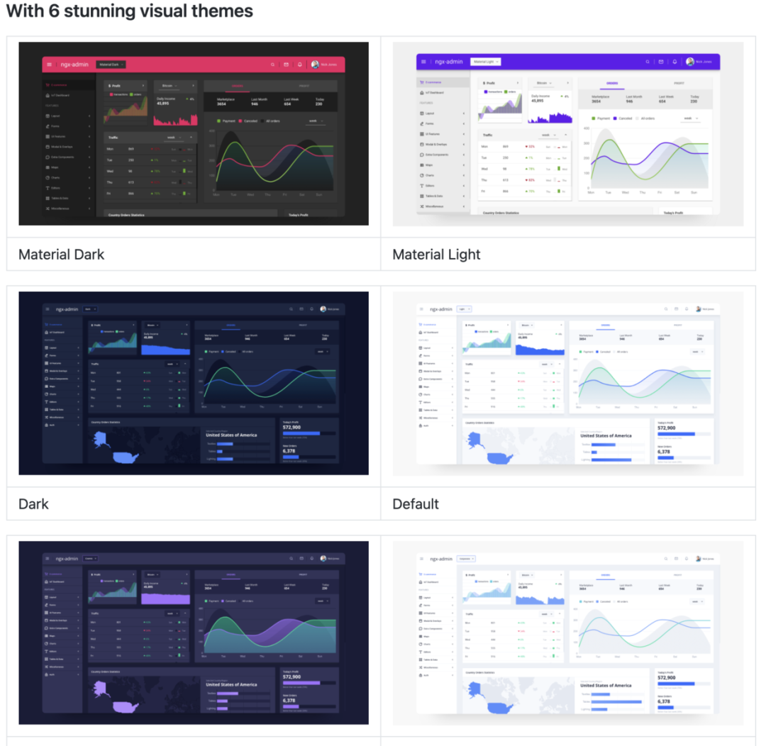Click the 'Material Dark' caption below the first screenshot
click(62, 255)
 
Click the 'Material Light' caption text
click(436, 255)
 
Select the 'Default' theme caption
click(416, 504)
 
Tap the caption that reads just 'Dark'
click(33, 504)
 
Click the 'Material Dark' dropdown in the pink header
click(111, 65)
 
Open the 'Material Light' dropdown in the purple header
click(486, 62)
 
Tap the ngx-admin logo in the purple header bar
click(449, 62)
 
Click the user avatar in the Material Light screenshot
click(689, 62)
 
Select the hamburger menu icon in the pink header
click(49, 65)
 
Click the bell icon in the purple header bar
click(675, 62)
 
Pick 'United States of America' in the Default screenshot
click(606, 435)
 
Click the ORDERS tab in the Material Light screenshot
click(611, 83)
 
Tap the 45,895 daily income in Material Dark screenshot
click(163, 103)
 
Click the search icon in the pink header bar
click(272, 65)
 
